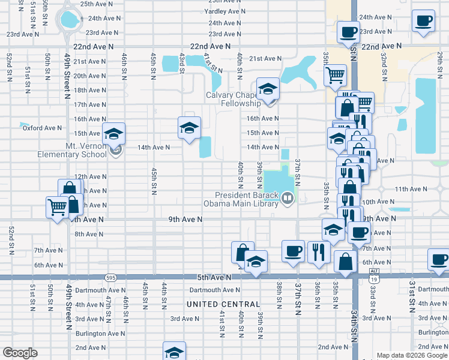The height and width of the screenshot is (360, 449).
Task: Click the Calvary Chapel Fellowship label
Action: (x=234, y=99)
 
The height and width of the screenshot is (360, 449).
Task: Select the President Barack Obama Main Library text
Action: (x=250, y=199)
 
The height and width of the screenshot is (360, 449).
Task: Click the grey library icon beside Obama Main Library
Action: (x=288, y=197)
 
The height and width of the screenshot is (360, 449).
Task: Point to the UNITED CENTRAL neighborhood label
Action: (x=223, y=304)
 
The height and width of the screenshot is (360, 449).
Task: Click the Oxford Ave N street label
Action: (x=42, y=128)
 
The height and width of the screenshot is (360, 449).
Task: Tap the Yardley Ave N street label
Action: (x=225, y=11)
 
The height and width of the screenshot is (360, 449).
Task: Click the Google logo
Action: (x=20, y=352)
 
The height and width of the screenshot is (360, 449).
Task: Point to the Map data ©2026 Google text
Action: (x=412, y=355)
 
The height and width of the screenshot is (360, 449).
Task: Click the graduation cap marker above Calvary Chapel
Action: (x=268, y=89)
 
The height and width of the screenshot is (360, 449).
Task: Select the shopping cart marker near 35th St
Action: (x=335, y=76)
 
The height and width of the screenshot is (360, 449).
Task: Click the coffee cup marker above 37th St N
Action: (x=293, y=251)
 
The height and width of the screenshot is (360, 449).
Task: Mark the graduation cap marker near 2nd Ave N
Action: (x=174, y=352)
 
